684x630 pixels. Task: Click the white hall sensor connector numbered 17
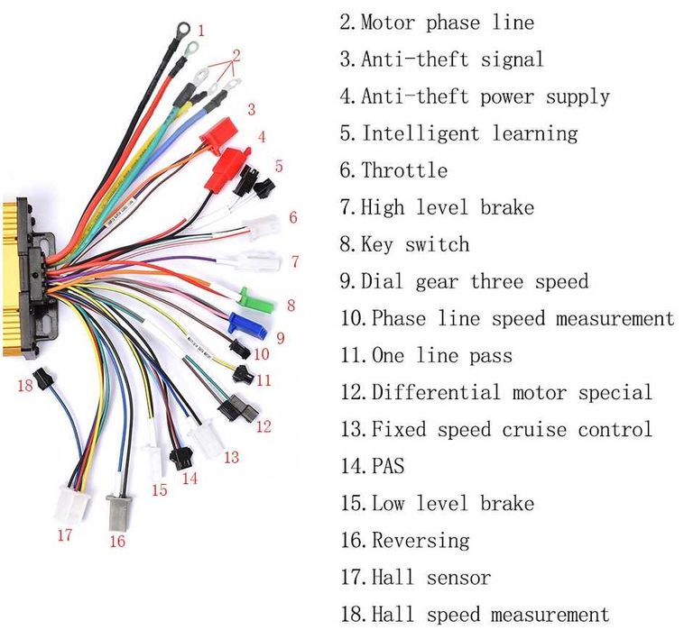[72, 504]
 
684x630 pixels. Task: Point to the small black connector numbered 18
[44, 379]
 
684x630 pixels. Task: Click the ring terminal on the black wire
[182, 30]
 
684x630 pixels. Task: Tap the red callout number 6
[293, 217]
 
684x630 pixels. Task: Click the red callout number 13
[232, 457]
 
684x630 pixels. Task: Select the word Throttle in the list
[404, 170]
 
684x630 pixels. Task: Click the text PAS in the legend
[388, 466]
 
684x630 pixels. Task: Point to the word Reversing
[421, 541]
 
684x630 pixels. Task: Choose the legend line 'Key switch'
[404, 244]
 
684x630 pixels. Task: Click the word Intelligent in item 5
[421, 133]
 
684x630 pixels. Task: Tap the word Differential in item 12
[435, 392]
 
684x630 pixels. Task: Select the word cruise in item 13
[534, 430]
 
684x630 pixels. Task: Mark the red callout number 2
[236, 55]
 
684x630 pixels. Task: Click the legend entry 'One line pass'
[426, 355]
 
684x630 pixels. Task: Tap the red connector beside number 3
[218, 135]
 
